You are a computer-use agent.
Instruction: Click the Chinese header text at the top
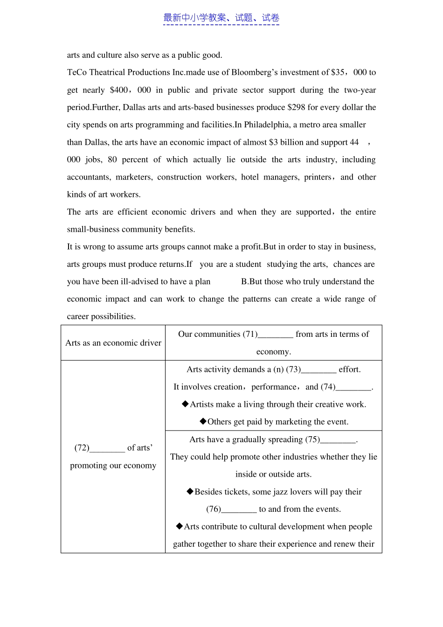221,18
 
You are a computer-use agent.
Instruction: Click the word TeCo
77,72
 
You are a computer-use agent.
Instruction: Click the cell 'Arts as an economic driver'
113,343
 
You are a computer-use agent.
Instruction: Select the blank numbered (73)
318,370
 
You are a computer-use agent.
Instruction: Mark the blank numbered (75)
338,440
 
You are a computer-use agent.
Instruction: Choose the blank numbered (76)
239,509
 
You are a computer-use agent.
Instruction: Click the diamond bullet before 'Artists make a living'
185,404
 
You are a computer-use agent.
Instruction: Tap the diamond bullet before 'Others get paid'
203,421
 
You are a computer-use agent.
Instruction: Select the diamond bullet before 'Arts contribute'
179,526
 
